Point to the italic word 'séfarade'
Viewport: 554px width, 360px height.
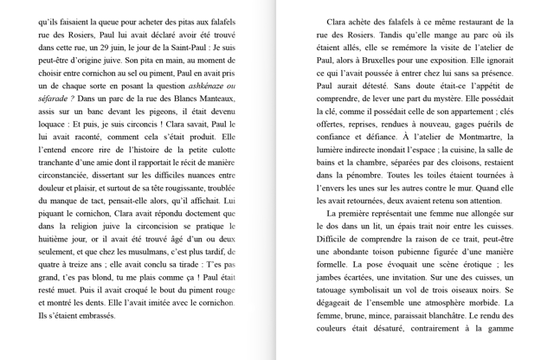tap(55, 100)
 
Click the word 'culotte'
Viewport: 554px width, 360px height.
tap(217, 149)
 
